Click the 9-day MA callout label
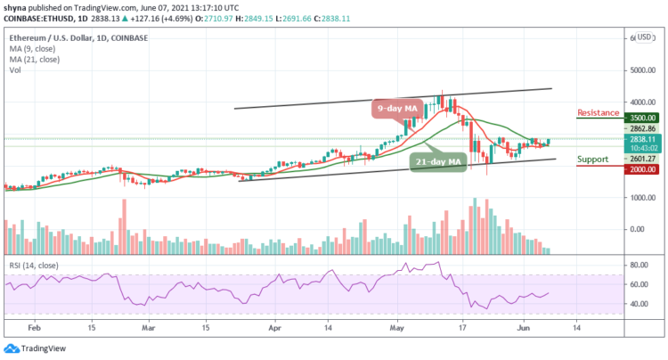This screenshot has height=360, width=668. pos(396,110)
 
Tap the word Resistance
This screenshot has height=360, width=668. pos(598,113)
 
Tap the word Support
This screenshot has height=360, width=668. pos(593,160)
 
